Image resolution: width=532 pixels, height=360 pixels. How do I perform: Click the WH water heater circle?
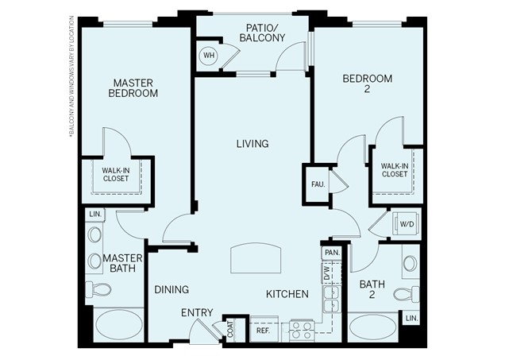209,56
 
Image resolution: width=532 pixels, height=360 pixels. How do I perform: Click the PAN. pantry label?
331,253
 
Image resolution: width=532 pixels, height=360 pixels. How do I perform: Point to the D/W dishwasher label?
326,273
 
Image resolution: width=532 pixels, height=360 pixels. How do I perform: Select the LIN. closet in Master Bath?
94,215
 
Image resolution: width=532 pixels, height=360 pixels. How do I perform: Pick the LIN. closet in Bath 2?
411,318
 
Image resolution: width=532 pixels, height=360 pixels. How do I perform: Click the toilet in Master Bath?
100,290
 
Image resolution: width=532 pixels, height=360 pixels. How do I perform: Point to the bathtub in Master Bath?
119,326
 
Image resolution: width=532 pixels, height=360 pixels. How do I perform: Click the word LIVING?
252,144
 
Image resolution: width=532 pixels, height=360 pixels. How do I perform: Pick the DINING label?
171,289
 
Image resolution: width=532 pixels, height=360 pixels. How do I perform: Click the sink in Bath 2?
411,263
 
